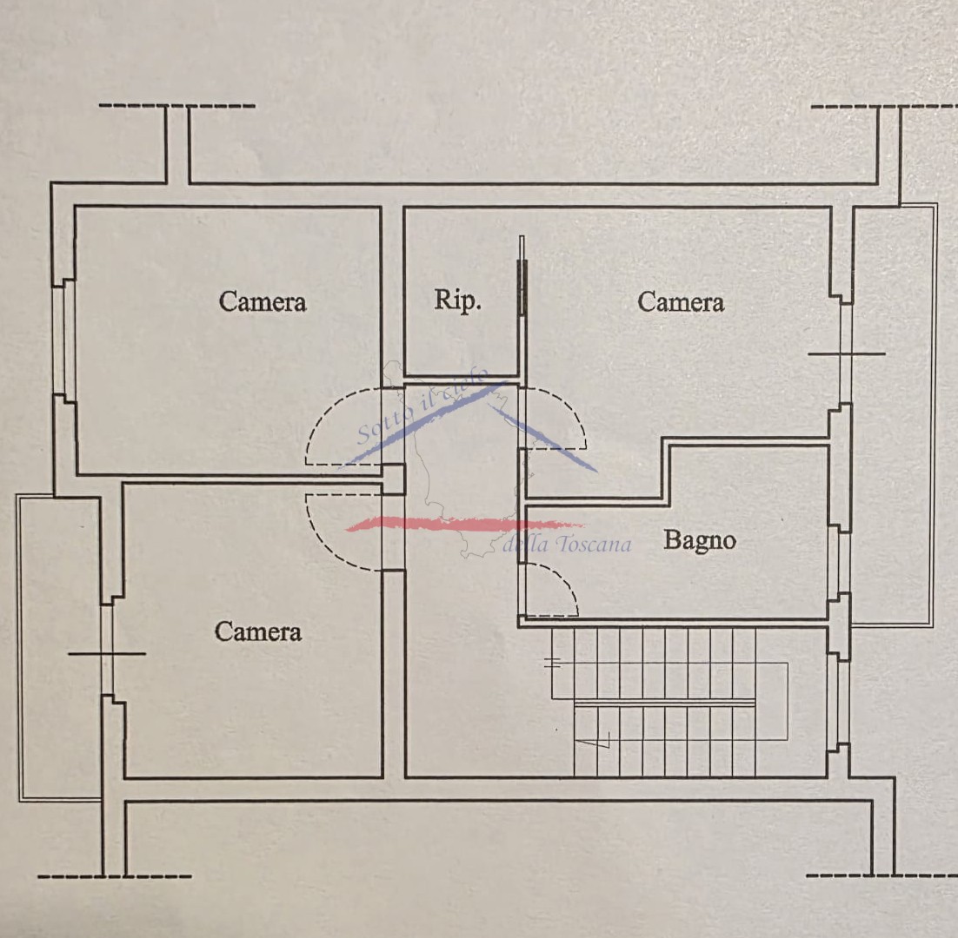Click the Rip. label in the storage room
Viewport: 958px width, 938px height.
pos(457,301)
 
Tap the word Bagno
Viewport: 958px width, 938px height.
pos(700,540)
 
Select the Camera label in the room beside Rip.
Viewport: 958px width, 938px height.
pos(681,302)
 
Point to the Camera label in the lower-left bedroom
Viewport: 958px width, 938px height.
pos(258,631)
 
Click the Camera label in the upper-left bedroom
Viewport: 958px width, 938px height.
pos(263,302)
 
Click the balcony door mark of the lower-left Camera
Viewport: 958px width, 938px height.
pos(107,652)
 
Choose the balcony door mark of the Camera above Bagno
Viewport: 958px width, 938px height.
pos(846,353)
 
